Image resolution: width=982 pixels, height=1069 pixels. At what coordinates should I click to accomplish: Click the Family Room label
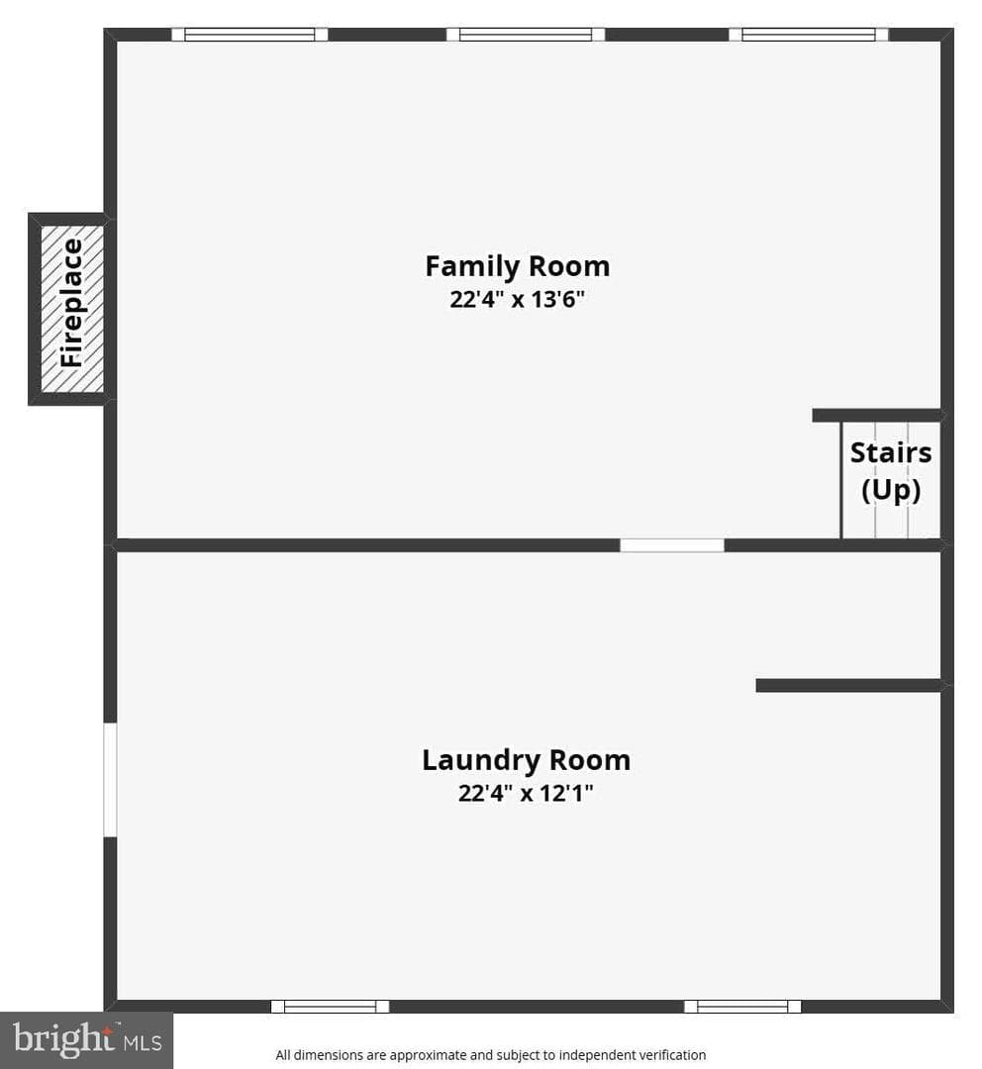[x=518, y=266]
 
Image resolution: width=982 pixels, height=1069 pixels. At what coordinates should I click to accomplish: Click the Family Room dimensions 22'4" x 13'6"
[x=518, y=299]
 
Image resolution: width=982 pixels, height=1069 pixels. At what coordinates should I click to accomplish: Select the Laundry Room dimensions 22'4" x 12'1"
[x=526, y=793]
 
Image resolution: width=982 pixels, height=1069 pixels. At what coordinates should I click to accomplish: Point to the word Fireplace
[x=71, y=304]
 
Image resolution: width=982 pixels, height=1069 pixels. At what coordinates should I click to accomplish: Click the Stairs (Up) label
[x=891, y=471]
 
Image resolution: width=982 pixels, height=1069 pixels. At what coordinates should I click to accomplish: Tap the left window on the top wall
[x=249, y=34]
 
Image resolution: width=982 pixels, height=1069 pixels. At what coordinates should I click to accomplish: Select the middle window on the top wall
[x=526, y=34]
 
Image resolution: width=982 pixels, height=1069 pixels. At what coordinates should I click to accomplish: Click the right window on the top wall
[x=809, y=34]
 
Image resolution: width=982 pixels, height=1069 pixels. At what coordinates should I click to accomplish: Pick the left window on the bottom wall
[x=330, y=1007]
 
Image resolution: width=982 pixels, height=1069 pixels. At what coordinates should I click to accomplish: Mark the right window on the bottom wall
[x=742, y=1007]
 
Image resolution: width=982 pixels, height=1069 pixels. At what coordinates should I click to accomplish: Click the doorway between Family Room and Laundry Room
[x=672, y=545]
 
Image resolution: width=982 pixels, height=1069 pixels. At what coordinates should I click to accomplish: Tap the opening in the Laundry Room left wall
[x=110, y=780]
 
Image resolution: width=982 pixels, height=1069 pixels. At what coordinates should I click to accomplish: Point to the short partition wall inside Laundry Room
[x=849, y=685]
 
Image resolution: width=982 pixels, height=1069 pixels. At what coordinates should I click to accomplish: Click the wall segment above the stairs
[x=878, y=415]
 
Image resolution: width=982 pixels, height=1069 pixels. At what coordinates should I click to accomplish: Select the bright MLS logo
[x=86, y=1040]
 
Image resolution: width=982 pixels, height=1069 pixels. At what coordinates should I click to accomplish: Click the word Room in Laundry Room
[x=590, y=760]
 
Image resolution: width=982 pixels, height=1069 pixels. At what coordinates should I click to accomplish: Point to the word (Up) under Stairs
[x=891, y=491]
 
